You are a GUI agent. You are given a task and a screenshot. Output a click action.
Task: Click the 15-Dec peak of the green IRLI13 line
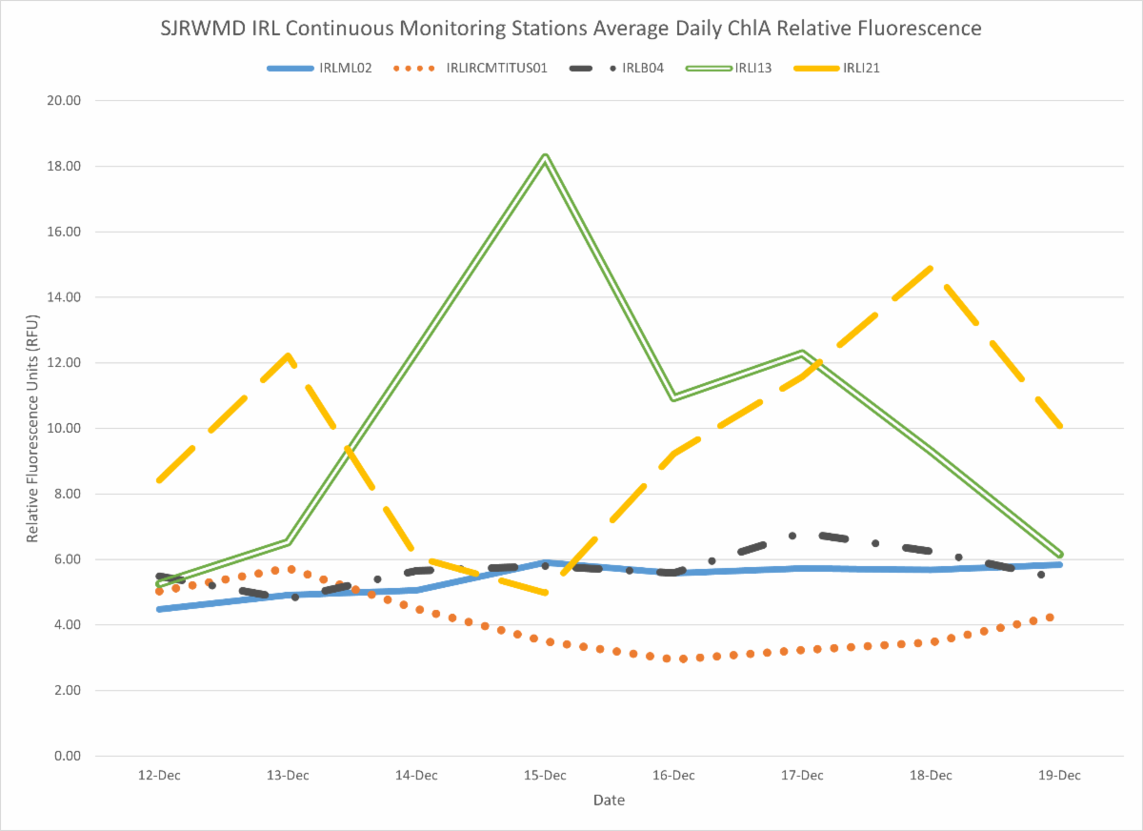point(545,156)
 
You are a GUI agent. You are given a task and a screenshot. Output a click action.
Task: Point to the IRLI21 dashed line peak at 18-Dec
point(931,268)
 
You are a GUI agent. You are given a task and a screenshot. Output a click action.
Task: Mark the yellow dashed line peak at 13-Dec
point(288,355)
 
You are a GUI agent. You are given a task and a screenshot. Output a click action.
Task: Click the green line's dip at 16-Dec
point(673,397)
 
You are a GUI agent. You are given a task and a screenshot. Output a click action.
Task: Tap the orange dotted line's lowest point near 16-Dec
point(682,659)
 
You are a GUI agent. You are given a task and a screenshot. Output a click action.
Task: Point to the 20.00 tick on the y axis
point(65,100)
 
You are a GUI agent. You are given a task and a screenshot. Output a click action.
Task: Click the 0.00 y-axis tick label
point(68,756)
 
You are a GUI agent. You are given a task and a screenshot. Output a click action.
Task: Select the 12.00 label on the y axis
point(65,362)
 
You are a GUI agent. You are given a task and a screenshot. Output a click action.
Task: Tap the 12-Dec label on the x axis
point(159,775)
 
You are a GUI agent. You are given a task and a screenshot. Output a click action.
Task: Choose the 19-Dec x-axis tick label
point(1059,775)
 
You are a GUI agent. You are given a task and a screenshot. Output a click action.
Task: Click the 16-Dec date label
point(673,775)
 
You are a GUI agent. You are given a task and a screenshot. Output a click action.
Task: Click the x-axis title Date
point(609,801)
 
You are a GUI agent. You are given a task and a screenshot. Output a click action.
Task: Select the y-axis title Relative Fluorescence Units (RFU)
point(33,428)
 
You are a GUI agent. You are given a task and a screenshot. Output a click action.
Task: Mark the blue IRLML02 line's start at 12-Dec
point(159,609)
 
